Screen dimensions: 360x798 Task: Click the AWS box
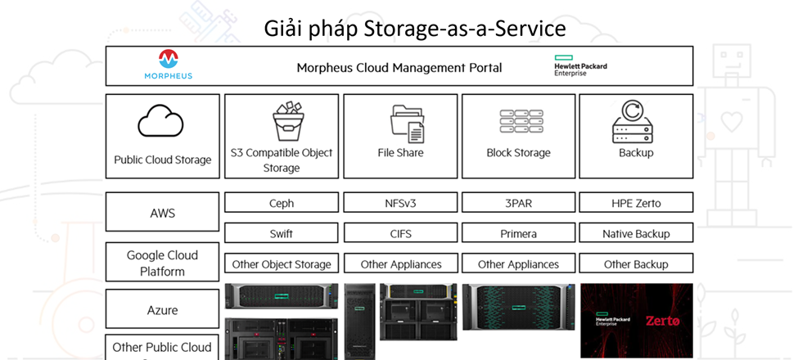coord(163,213)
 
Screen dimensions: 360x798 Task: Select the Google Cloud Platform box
coord(163,263)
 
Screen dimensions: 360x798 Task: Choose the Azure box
coord(163,310)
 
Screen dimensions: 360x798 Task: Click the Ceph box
coord(282,203)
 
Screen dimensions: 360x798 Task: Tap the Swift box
coord(282,233)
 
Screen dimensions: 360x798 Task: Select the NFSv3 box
coord(401,203)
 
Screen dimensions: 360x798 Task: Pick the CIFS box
coord(401,233)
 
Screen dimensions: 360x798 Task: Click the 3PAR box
coord(518,203)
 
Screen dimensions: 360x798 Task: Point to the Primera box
coord(518,233)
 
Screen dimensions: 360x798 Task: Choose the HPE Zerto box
coord(636,203)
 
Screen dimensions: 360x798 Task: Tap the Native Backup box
coord(636,233)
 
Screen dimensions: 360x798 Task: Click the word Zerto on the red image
coord(662,321)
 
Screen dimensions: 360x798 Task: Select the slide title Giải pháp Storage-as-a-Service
coord(415,29)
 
